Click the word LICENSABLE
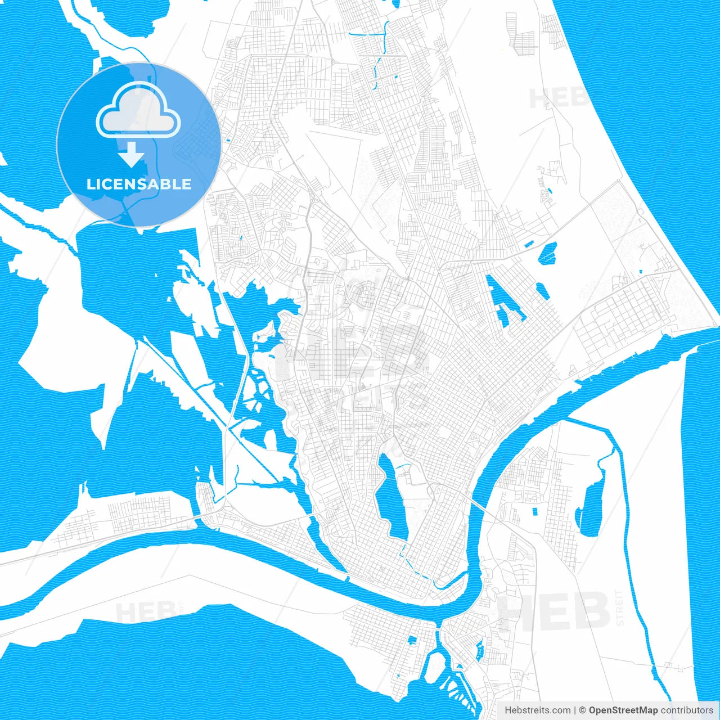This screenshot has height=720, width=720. tap(139, 184)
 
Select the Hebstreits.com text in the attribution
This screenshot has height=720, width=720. tap(537, 710)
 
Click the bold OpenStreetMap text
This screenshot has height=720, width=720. tap(623, 710)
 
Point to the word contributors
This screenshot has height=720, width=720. tap(687, 710)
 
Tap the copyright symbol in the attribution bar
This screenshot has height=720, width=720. tap(582, 710)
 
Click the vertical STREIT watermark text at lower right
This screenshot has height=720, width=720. tap(620, 607)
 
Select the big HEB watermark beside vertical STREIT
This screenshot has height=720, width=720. tap(554, 611)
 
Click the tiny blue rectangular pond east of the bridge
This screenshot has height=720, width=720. tap(534, 511)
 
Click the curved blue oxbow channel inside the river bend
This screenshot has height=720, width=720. tap(450, 582)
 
